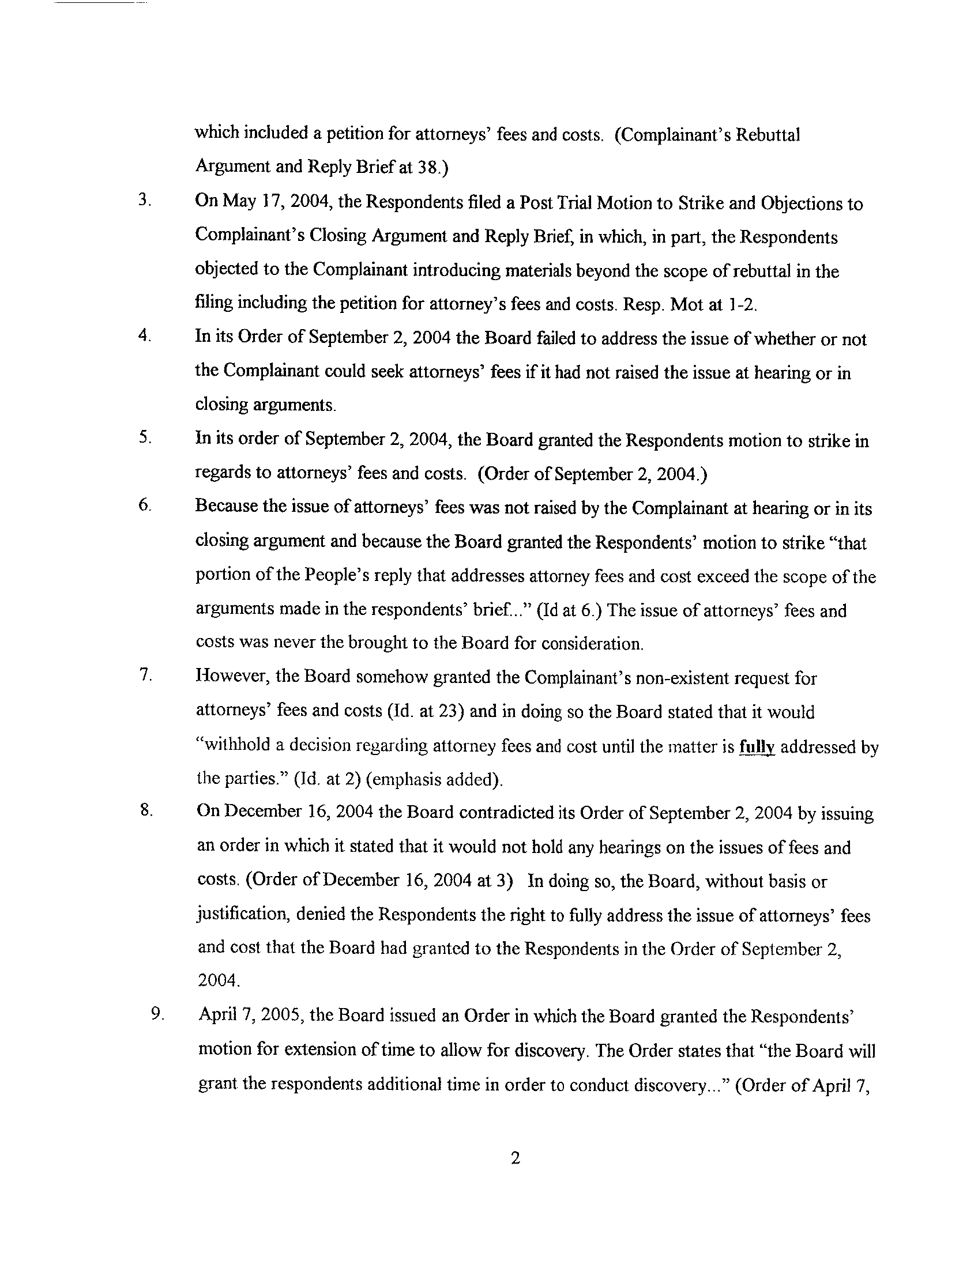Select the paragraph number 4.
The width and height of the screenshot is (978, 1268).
(x=145, y=337)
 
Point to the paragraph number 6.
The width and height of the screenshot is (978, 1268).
(x=145, y=505)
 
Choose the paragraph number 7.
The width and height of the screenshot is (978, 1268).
(x=145, y=675)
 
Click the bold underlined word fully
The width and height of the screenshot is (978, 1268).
(x=757, y=746)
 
